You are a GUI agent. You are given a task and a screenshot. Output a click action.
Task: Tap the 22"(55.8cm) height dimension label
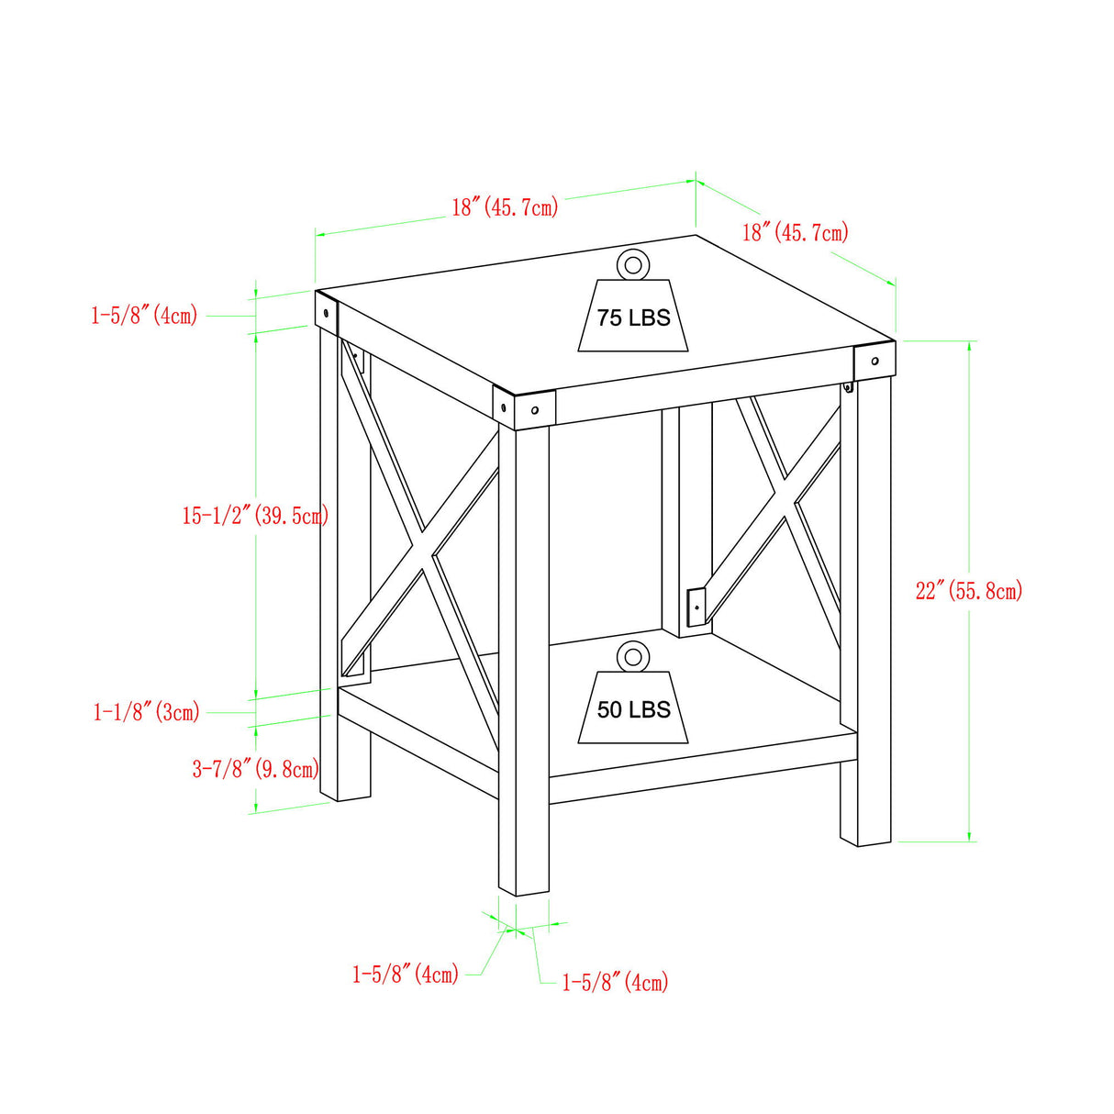(x=968, y=590)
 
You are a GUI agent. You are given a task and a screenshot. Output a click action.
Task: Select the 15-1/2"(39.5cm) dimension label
(x=254, y=516)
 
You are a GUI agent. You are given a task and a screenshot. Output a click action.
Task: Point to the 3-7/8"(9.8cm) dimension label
(x=255, y=768)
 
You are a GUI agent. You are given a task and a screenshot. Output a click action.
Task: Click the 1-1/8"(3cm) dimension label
(x=146, y=711)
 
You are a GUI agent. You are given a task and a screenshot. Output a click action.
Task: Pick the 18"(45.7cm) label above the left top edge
(x=505, y=206)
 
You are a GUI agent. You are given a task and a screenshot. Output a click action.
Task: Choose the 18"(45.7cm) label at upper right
(x=795, y=231)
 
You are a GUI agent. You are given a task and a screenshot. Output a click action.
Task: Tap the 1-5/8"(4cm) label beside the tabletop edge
(x=144, y=316)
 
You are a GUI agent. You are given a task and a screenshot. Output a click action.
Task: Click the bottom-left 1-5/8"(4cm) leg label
(x=406, y=974)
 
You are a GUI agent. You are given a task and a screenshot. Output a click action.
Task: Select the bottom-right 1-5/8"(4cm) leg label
(x=615, y=982)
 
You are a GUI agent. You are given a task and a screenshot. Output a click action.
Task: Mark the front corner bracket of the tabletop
(x=524, y=408)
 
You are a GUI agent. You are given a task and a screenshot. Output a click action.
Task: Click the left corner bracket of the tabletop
(x=327, y=311)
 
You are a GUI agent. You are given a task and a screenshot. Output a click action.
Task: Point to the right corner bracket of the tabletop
(x=874, y=360)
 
